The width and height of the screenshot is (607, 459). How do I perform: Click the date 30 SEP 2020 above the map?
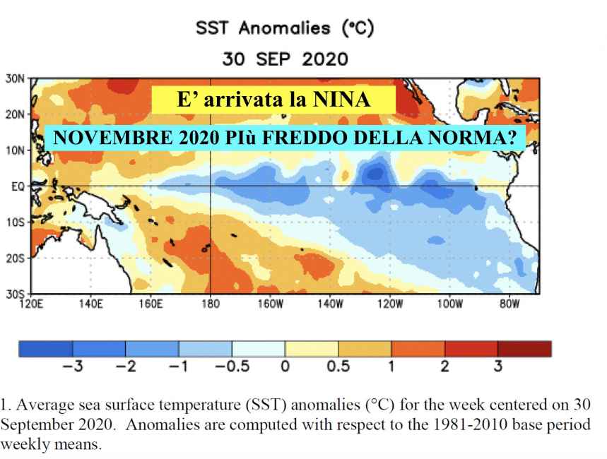pyautogui.click(x=284, y=58)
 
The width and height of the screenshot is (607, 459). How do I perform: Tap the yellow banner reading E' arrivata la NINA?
pyautogui.click(x=273, y=100)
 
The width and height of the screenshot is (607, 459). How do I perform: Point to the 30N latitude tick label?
pyautogui.click(x=14, y=78)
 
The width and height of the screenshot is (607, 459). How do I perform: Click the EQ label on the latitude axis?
pyautogui.click(x=17, y=186)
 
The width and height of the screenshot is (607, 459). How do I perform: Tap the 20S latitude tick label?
pyautogui.click(x=15, y=258)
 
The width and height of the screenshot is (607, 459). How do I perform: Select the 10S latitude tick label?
pyautogui.click(x=15, y=222)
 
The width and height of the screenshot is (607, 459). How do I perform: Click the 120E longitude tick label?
pyautogui.click(x=31, y=304)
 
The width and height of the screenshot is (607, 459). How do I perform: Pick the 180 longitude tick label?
pyautogui.click(x=211, y=304)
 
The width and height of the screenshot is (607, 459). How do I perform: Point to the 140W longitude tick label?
pyautogui.click(x=330, y=304)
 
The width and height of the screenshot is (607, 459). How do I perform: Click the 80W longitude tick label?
pyautogui.click(x=509, y=304)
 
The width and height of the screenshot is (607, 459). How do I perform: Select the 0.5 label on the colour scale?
pyautogui.click(x=338, y=366)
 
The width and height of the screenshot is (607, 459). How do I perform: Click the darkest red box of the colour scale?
pyautogui.click(x=524, y=349)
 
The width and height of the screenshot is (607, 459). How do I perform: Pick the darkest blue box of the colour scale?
pyautogui.click(x=45, y=349)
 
